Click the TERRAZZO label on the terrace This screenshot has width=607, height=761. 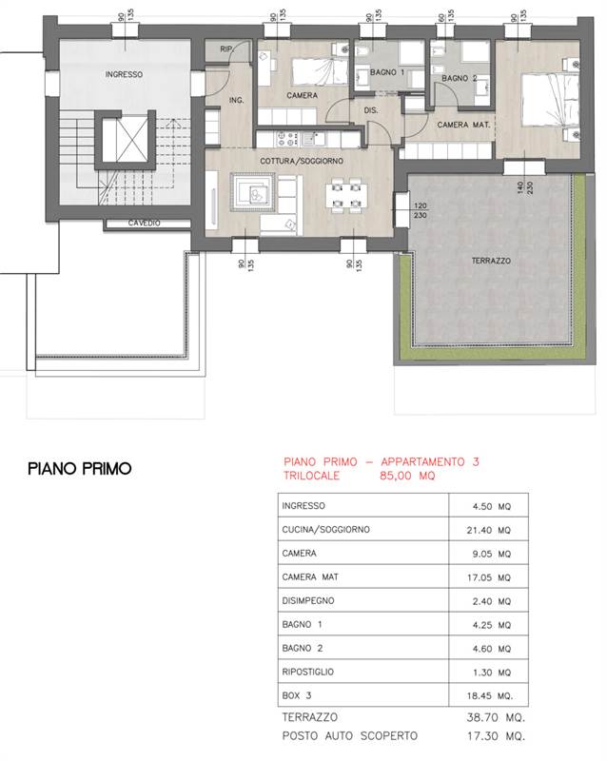[491, 261]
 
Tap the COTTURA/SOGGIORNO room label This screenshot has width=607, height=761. [301, 161]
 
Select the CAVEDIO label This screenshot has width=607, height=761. [144, 224]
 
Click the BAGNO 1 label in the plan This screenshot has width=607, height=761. [387, 72]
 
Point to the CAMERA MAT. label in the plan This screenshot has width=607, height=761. [463, 125]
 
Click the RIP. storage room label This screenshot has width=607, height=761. [226, 49]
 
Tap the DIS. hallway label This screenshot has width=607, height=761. [370, 110]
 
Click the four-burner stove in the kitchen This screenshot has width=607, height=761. [286, 139]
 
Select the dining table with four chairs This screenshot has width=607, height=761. [346, 196]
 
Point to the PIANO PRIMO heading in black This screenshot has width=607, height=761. [80, 468]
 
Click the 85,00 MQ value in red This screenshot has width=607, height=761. [407, 476]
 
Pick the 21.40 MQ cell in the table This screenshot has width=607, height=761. [488, 530]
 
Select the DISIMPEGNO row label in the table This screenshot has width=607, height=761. [308, 600]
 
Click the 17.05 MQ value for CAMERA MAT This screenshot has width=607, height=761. [488, 577]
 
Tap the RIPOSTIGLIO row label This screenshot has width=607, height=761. [308, 672]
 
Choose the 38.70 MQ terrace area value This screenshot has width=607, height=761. [496, 717]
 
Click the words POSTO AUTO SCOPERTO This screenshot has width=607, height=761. [349, 735]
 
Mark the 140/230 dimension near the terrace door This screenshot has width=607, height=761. [525, 187]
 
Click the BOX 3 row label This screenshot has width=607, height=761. [297, 695]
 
